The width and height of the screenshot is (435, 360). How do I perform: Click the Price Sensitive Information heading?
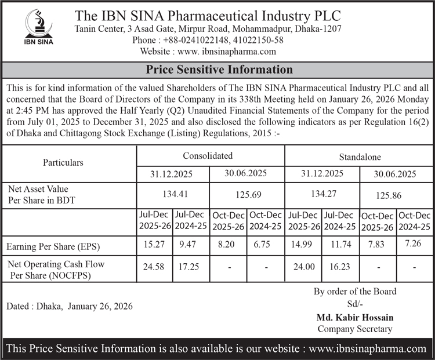coord(219,70)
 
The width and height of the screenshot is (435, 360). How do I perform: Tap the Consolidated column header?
coord(208,155)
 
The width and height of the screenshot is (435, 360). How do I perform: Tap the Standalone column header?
coord(359,157)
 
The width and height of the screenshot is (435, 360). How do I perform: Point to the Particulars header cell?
coord(63,163)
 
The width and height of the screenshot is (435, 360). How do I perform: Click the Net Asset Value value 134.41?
coord(173,194)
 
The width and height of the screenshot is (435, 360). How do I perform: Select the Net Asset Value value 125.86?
coord(394,197)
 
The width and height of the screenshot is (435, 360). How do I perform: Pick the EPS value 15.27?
coord(155,245)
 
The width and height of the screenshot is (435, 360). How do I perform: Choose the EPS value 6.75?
coord(264,245)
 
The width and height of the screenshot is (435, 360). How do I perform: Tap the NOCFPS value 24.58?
coord(155,267)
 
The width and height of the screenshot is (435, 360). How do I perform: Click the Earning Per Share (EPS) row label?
coord(53,246)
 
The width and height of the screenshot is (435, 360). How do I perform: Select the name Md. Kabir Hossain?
coord(355,318)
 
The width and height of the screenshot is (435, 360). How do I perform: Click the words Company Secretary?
coord(355,329)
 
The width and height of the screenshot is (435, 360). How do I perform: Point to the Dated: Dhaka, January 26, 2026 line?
coord(70,306)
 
